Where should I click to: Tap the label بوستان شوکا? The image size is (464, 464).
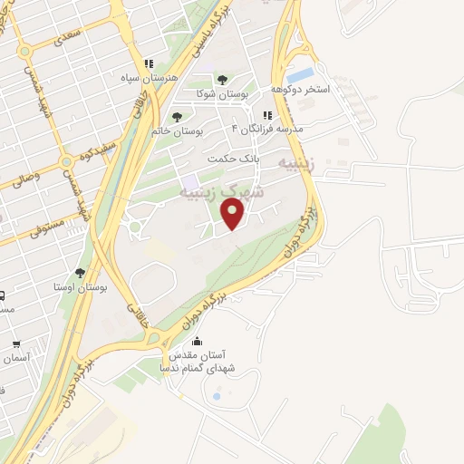(223, 93)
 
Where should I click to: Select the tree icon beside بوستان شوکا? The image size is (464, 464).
(222, 80)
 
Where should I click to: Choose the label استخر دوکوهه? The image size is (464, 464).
(300, 90)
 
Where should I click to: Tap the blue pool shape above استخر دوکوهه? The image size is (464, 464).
(301, 74)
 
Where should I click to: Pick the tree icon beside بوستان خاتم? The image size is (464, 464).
(177, 117)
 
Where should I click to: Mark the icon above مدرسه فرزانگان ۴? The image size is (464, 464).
(266, 115)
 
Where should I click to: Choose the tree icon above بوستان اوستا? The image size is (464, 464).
(81, 272)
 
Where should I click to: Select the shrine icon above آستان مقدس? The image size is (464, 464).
(198, 342)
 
